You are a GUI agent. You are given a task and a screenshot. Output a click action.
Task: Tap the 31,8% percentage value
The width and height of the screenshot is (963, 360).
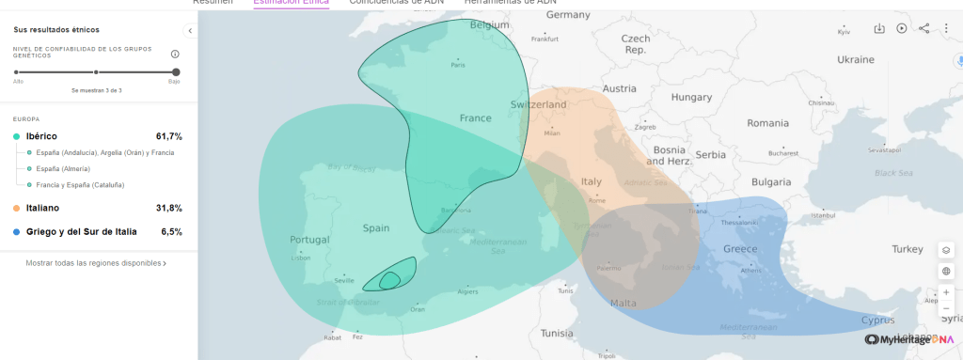169,208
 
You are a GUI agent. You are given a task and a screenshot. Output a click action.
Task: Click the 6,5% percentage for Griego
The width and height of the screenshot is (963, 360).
171,231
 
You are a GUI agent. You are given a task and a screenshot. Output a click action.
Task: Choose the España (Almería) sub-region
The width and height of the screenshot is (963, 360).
64,168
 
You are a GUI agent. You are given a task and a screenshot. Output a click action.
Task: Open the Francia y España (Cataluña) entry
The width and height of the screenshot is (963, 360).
80,184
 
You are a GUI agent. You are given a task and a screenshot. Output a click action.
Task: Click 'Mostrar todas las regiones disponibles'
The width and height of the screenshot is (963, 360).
96,263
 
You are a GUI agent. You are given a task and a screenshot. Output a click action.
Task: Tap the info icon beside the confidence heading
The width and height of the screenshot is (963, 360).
175,54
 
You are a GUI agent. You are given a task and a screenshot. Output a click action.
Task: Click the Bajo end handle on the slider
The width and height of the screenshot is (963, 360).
176,71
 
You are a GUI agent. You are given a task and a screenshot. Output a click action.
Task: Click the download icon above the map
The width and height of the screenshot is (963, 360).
879,28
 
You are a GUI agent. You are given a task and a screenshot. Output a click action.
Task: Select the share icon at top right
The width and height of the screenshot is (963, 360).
924,28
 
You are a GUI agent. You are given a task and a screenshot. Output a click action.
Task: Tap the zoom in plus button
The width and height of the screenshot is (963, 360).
946,292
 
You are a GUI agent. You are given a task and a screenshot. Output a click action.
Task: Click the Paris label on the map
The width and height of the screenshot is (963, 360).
458,65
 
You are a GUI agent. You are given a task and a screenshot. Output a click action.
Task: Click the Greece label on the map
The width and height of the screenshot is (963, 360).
741,249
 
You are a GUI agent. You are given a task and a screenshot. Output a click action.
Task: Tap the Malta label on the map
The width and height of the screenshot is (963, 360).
623,303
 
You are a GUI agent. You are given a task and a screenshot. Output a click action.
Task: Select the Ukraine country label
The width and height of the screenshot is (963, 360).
856,59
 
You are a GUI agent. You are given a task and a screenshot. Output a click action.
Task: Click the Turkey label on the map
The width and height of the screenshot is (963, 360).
908,249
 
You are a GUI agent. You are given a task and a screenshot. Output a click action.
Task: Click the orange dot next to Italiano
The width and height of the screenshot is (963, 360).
17,208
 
